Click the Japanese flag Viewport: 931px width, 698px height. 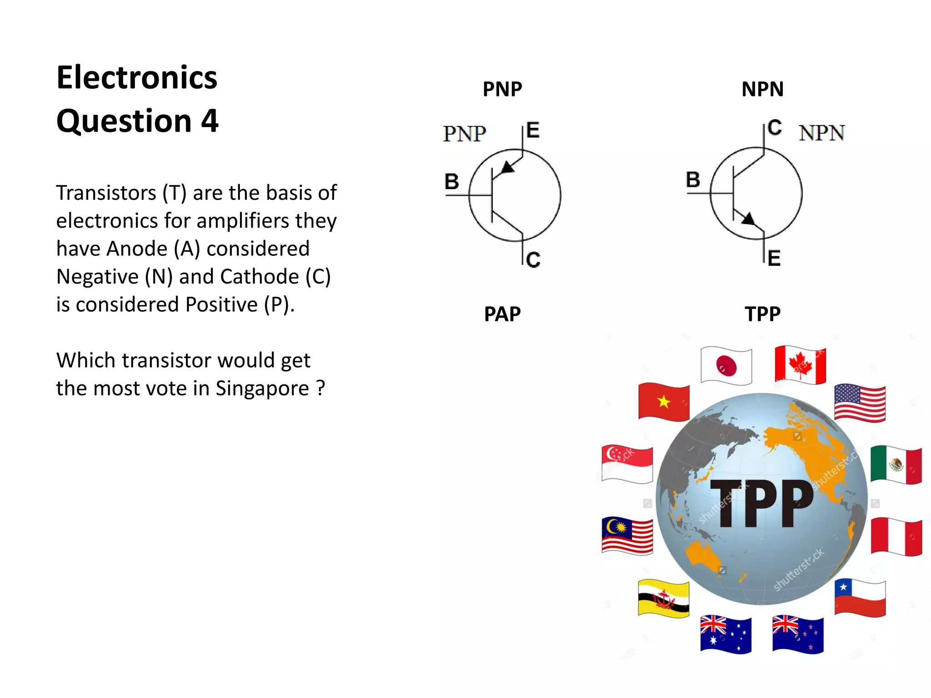click(726, 366)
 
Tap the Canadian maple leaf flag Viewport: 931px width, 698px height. click(800, 365)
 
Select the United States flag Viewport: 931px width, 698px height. click(860, 403)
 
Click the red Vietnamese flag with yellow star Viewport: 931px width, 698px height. click(664, 402)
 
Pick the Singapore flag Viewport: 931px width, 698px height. click(627, 464)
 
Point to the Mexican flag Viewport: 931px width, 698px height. click(896, 464)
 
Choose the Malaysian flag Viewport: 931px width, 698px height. click(627, 536)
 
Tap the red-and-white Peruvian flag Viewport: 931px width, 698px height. click(896, 537)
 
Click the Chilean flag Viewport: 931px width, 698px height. click(860, 598)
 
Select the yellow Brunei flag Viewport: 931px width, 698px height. click(663, 598)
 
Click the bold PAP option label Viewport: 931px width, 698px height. click(502, 314)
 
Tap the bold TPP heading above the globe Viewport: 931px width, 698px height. click(762, 314)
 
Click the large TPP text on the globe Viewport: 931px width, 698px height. click(762, 503)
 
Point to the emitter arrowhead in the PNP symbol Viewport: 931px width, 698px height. click(507, 167)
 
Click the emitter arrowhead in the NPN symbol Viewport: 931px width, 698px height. click(748, 219)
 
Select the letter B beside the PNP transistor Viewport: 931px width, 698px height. click(451, 181)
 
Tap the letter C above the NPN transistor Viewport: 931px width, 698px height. click(775, 128)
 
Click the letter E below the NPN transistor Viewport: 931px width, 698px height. click(774, 258)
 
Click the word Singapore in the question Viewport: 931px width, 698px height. click(262, 389)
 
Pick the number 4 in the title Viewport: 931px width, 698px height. click(210, 121)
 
